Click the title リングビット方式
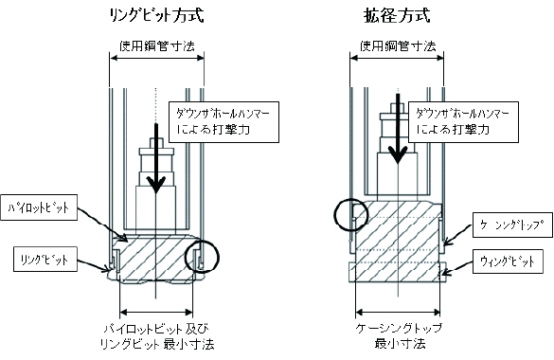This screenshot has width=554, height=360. click(157, 15)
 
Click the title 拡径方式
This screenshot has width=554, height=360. click(397, 15)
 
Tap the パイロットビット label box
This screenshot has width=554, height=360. click(39, 207)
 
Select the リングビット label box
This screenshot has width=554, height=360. click(45, 260)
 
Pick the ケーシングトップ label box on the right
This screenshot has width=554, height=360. click(512, 225)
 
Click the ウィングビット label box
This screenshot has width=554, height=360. click(508, 261)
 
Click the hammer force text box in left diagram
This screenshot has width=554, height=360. click(224, 122)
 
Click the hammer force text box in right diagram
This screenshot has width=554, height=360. click(463, 122)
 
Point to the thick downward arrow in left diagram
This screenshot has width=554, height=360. click(156, 158)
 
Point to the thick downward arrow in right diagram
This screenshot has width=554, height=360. click(398, 129)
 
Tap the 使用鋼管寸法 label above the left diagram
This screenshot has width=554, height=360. click(157, 45)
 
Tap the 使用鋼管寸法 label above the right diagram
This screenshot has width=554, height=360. click(398, 45)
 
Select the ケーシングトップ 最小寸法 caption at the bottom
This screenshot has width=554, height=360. click(399, 335)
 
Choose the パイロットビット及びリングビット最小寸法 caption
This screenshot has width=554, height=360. click(157, 336)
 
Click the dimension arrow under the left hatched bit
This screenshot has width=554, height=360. click(156, 312)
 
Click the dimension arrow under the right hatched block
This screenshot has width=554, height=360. click(398, 312)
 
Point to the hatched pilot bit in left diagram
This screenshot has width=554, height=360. click(155, 259)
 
